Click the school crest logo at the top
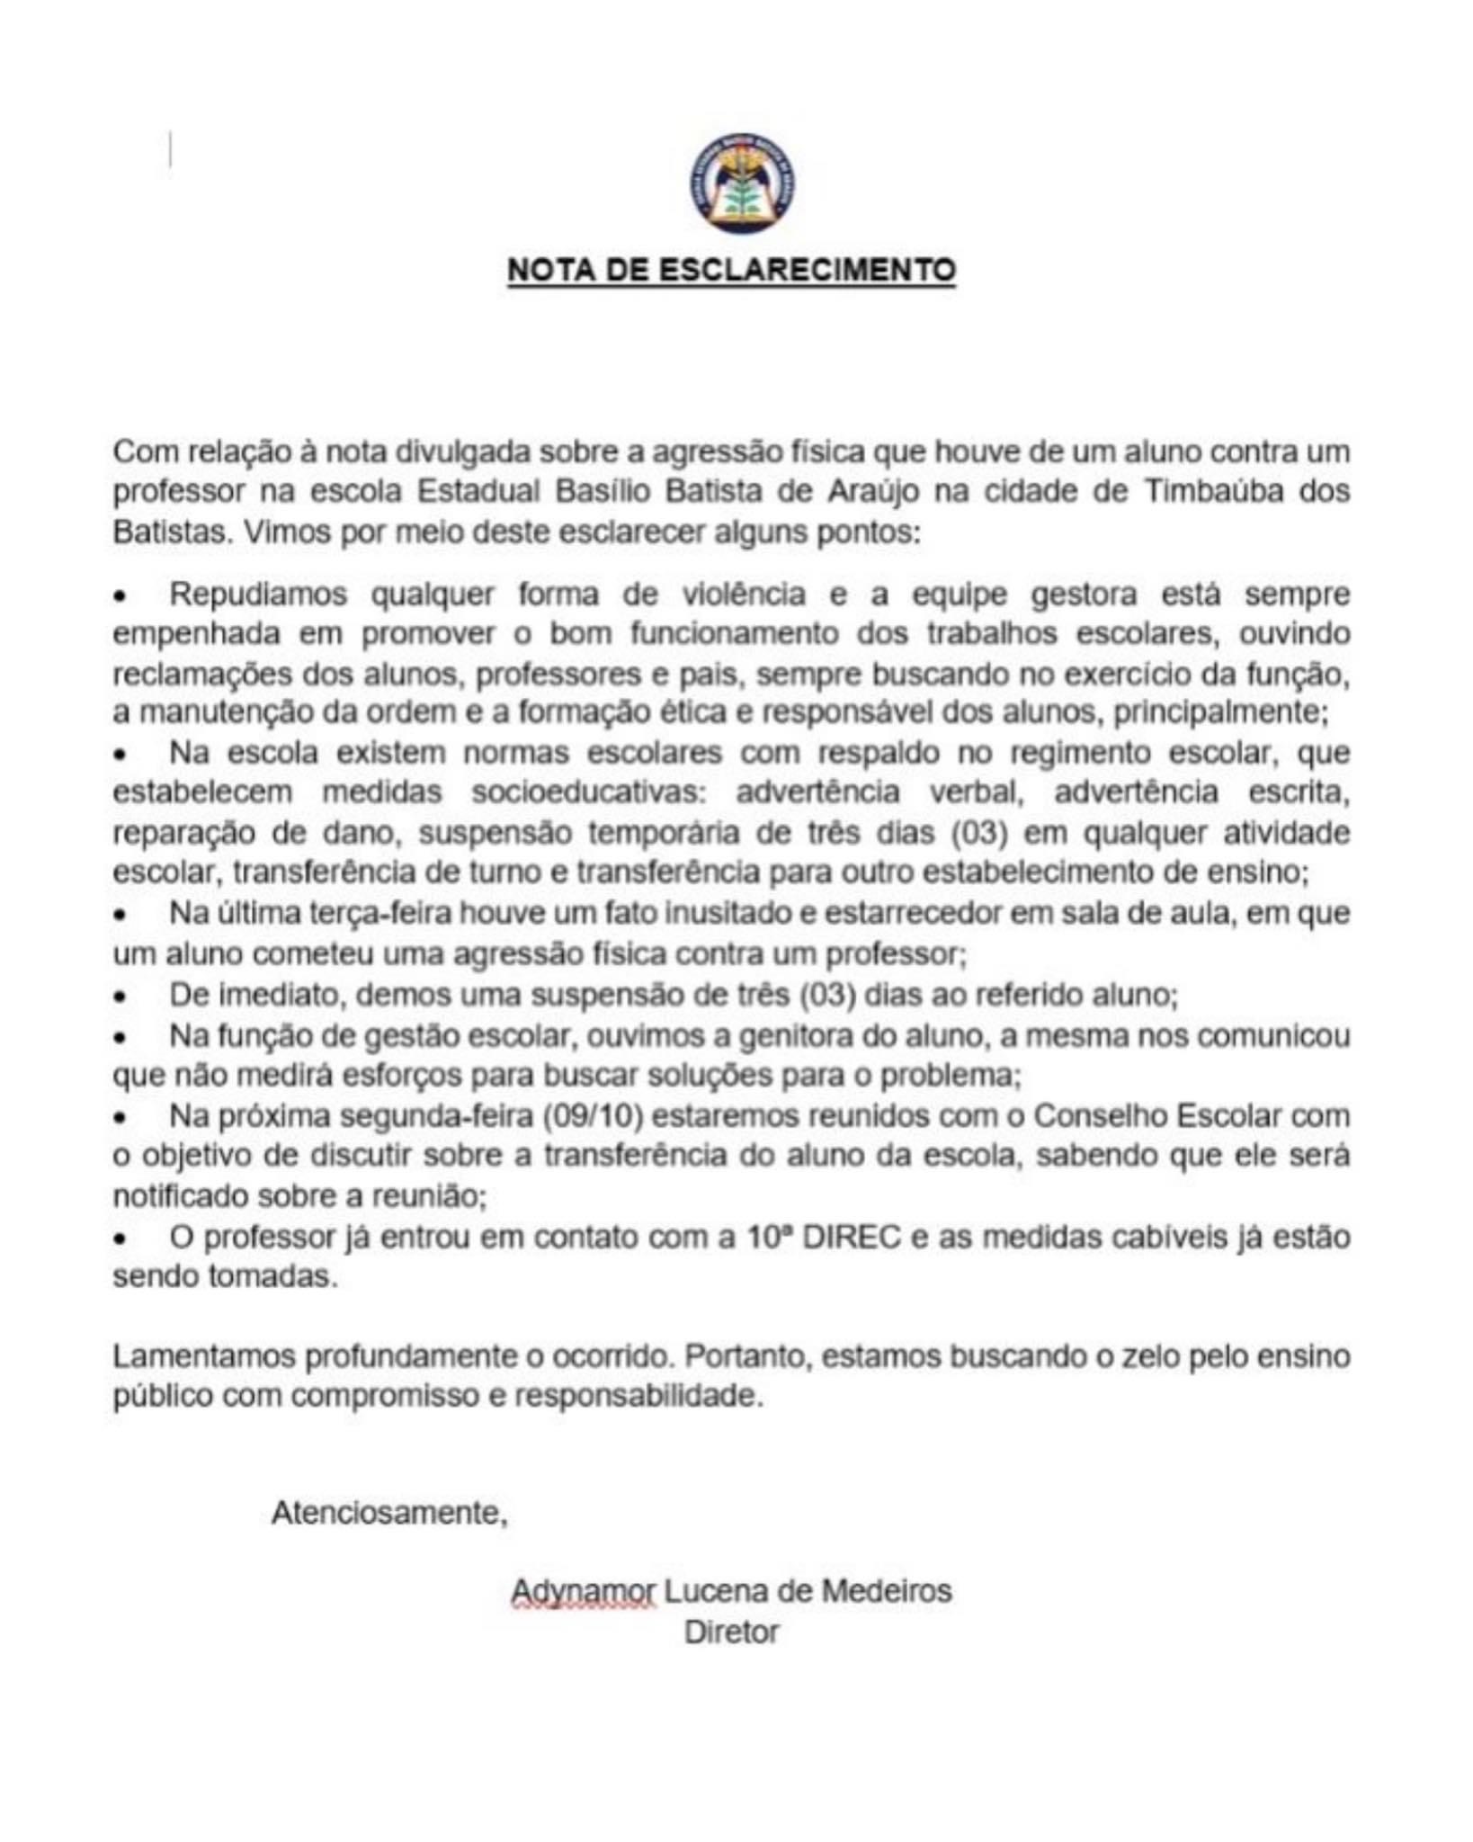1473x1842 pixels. pos(742,183)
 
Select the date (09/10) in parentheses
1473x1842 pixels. pos(593,1116)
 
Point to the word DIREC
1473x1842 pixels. pos(852,1238)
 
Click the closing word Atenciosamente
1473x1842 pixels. pos(389,1512)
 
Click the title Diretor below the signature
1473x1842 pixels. pos(731,1632)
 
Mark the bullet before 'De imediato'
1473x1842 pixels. pos(119,997)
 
